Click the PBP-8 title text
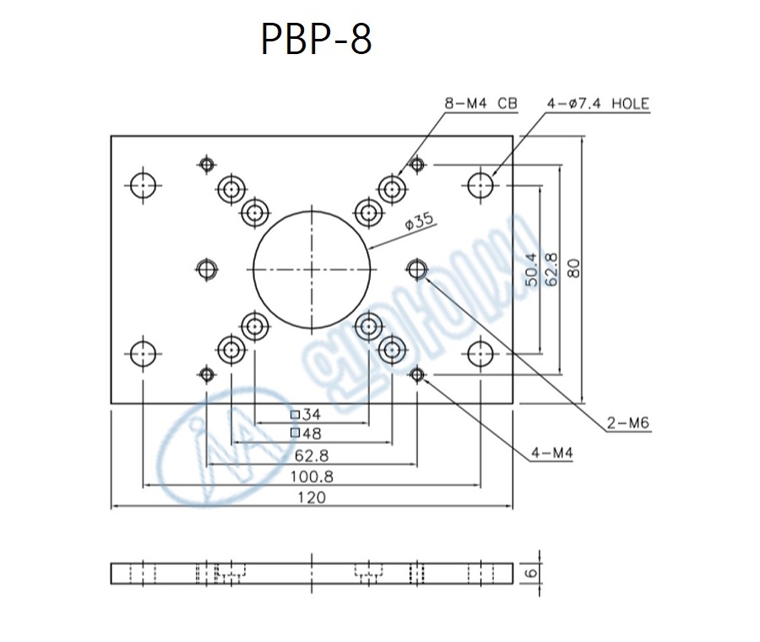pyautogui.click(x=316, y=39)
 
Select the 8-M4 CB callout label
pyautogui.click(x=480, y=104)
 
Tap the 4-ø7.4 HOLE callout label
pyautogui.click(x=598, y=104)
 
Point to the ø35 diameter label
pyautogui.click(x=419, y=222)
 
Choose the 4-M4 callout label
pyautogui.click(x=552, y=454)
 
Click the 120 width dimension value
pyautogui.click(x=312, y=498)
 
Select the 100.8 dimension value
pyautogui.click(x=312, y=476)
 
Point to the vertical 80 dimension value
pyautogui.click(x=573, y=269)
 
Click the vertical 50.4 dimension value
pyautogui.click(x=531, y=269)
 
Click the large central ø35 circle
pyautogui.click(x=312, y=269)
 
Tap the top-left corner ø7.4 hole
pyautogui.click(x=144, y=184)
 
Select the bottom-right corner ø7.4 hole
pyautogui.click(x=480, y=353)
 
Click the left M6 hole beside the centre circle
pyautogui.click(x=206, y=269)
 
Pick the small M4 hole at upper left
pyautogui.click(x=206, y=164)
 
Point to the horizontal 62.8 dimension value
pyautogui.click(x=312, y=455)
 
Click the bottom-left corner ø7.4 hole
pyautogui.click(x=144, y=353)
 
